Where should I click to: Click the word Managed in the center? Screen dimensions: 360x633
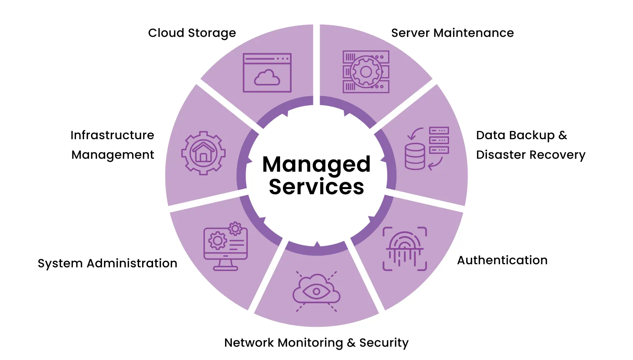pos(316,164)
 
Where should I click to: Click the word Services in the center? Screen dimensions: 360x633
pos(316,187)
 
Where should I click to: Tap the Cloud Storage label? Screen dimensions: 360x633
pos(192,33)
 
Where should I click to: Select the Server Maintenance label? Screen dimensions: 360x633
pos(452,33)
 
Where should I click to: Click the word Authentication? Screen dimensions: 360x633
pos(502,260)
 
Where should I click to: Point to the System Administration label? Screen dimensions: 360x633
pos(107,263)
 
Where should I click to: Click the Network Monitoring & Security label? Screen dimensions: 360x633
pos(316,343)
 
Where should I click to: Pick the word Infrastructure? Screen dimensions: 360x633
pos(112,135)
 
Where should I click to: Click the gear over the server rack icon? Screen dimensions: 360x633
pos(366,72)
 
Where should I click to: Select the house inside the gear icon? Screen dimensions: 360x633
pos(203,153)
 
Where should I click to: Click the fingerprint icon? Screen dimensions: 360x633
pos(405,248)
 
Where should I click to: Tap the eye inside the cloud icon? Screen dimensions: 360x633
pos(316,292)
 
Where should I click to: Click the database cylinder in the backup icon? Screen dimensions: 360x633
pos(415,157)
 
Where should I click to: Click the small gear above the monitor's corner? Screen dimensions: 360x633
pos(235,228)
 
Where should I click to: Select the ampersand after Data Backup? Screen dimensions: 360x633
pos(563,135)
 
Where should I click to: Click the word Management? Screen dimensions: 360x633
pos(112,155)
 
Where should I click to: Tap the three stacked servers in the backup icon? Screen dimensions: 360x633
pos(439,140)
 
